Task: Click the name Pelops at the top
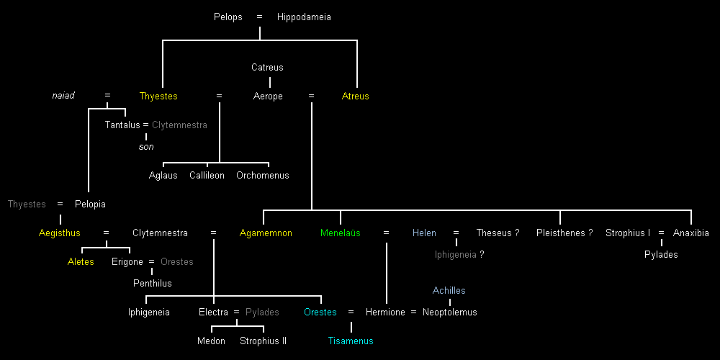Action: (x=228, y=17)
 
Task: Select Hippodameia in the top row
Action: (x=304, y=17)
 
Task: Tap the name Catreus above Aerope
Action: (x=267, y=67)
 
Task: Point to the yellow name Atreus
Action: (x=355, y=96)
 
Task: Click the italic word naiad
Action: (x=63, y=96)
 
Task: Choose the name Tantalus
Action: (x=122, y=125)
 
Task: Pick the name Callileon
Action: (x=207, y=175)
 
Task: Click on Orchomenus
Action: (x=262, y=175)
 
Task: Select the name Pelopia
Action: (x=90, y=204)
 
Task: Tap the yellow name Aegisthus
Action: (x=60, y=233)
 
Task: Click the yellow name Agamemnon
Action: (x=266, y=233)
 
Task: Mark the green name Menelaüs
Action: (x=340, y=233)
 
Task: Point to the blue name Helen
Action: (x=424, y=233)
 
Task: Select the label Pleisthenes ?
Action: (x=564, y=233)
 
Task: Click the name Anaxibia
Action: (x=690, y=233)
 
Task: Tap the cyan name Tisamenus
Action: (x=351, y=341)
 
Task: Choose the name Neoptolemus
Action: (x=449, y=312)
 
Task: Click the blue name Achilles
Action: (x=449, y=290)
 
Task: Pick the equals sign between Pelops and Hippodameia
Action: (x=260, y=17)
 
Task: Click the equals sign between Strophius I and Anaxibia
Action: (x=661, y=233)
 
